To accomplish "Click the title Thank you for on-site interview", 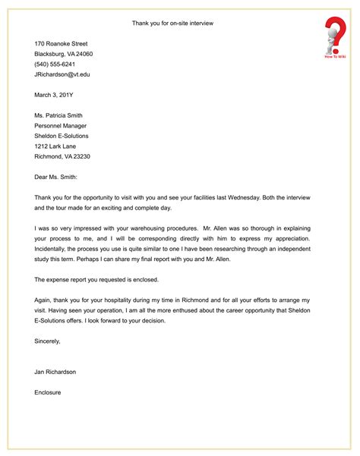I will point(172,24).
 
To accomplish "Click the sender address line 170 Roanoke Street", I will point(61,44).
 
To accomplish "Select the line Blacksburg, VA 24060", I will point(63,55).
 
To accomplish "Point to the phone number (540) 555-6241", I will point(55,64).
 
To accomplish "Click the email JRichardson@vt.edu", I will point(62,75).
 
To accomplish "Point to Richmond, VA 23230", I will point(62,156).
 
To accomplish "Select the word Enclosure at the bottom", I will point(47,392).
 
